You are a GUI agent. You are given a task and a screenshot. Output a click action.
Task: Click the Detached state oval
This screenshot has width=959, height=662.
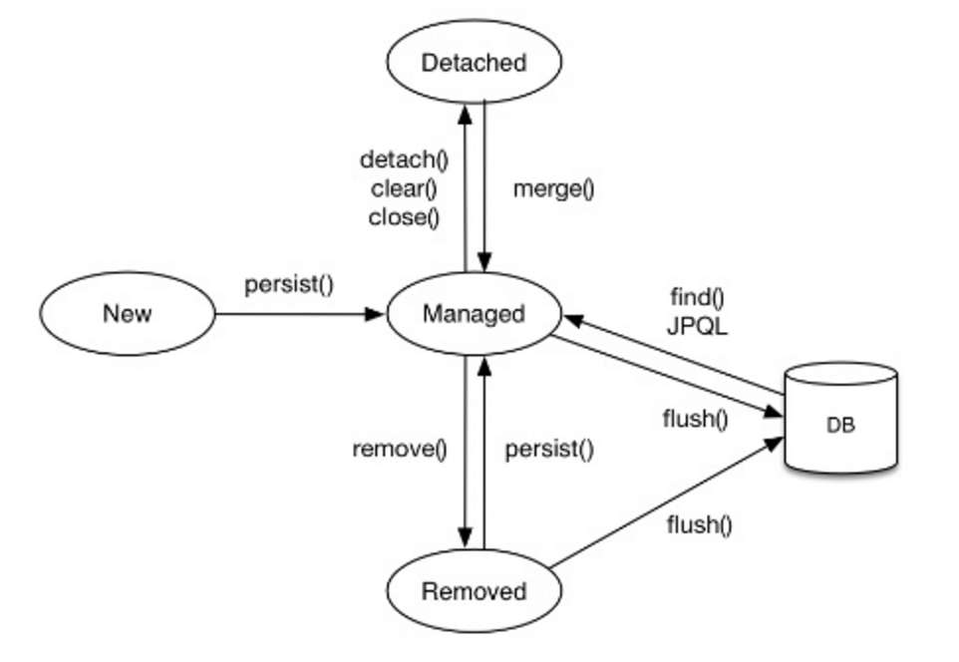(474, 62)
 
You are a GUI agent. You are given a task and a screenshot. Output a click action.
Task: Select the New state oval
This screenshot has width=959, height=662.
(128, 314)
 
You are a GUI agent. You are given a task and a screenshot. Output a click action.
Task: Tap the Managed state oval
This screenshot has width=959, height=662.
(474, 314)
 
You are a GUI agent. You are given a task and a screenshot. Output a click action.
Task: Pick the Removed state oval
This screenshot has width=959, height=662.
(474, 591)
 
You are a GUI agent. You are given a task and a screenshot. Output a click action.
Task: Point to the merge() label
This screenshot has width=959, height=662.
(553, 189)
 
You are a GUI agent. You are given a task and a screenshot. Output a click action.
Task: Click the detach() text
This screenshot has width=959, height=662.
(405, 160)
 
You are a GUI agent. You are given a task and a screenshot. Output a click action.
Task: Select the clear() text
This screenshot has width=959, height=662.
(405, 188)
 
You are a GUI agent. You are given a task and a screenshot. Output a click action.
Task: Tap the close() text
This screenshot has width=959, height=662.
(405, 217)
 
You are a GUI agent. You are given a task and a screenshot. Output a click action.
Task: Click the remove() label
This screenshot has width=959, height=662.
(399, 450)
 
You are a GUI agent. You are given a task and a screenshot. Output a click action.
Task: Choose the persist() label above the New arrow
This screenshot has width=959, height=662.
(289, 284)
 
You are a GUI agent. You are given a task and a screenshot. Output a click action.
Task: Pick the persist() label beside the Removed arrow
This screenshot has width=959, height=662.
(549, 450)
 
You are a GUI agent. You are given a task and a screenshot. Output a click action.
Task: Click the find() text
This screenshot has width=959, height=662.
(697, 297)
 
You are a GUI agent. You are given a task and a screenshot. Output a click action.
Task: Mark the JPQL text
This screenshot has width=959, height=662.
(697, 326)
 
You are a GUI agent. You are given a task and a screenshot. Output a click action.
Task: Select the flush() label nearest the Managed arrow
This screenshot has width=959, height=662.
(695, 419)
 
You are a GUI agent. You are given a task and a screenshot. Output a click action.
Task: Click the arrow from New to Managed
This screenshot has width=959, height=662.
(299, 314)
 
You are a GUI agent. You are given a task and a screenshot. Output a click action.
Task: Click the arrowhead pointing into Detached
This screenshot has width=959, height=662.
(465, 111)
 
